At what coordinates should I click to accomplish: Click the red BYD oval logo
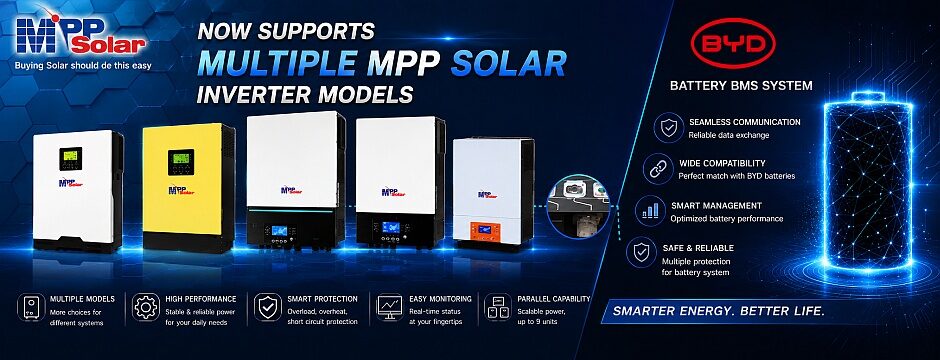pos(733,43)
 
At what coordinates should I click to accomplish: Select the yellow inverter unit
pos(189,187)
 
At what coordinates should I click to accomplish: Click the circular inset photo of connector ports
pos(579,207)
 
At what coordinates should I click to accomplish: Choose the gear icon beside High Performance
pos(146,307)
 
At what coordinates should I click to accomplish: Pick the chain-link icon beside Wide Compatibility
pos(657,169)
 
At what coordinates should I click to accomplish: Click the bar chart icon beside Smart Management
pos(650,211)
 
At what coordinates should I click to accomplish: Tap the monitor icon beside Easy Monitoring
pos(390,307)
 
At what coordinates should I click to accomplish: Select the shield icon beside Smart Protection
pos(267,307)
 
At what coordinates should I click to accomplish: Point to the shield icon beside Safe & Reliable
pos(641,253)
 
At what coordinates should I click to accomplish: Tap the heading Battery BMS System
pos(741,86)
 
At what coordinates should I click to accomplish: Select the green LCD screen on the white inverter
pos(70,159)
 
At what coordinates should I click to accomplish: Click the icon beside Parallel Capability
pos(498,307)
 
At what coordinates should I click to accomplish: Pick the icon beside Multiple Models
pos(31,307)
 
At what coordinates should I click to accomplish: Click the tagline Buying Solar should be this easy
pos(83,65)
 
